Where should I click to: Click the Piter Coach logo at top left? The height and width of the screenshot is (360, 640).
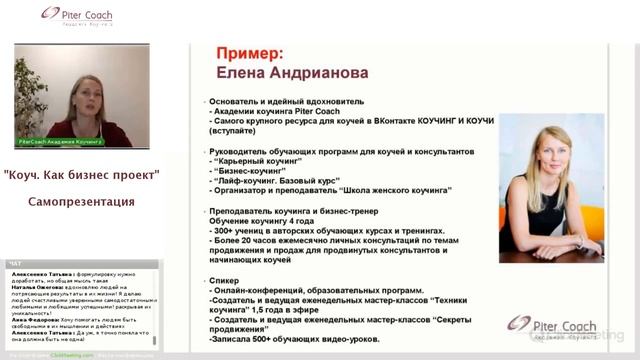pyautogui.click(x=79, y=17)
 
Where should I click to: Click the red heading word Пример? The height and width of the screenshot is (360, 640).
pyautogui.click(x=250, y=53)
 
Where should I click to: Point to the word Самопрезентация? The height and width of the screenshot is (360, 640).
pyautogui.click(x=82, y=201)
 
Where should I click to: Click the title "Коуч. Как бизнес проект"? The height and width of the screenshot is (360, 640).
pyautogui.click(x=82, y=176)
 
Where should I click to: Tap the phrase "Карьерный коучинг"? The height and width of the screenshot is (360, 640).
pyautogui.click(x=249, y=159)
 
